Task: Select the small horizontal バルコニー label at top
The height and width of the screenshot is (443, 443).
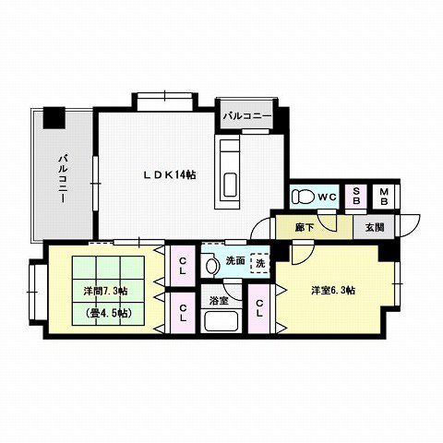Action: (246, 116)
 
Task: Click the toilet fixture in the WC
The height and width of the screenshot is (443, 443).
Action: (303, 197)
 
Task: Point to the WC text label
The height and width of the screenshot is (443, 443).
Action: (327, 197)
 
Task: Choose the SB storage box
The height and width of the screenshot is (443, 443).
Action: (356, 196)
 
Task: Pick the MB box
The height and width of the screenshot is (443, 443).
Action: (384, 196)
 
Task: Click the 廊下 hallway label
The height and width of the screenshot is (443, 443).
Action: (305, 226)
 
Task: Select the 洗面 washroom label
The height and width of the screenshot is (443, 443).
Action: (234, 261)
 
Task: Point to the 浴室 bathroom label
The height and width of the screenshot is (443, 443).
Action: (218, 300)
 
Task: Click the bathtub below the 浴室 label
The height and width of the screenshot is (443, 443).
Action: (221, 322)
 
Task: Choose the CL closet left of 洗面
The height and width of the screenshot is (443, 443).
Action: (183, 266)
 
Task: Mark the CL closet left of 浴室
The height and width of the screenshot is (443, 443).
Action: (183, 313)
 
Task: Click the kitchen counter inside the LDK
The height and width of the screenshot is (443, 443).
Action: (229, 171)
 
